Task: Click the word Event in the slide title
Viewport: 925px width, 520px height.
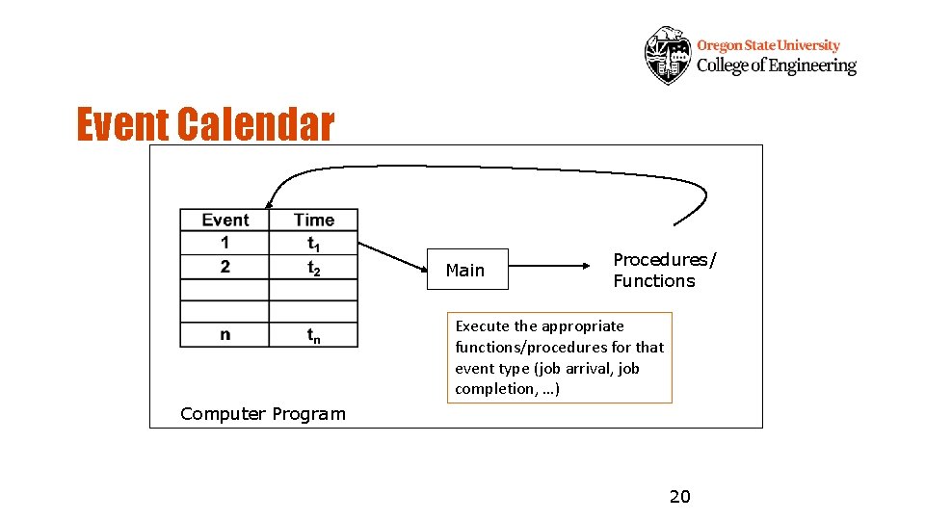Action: click(123, 125)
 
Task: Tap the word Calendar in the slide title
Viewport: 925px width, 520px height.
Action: click(255, 125)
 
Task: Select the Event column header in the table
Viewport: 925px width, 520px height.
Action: click(225, 220)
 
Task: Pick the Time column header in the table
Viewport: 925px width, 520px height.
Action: click(313, 220)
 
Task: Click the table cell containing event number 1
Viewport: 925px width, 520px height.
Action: click(225, 242)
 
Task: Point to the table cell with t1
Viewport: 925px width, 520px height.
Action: click(313, 243)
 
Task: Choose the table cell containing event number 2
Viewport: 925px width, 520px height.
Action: click(225, 266)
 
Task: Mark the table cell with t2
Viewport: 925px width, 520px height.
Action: click(313, 268)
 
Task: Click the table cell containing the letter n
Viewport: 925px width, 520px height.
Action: click(225, 334)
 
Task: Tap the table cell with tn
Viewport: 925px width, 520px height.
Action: click(313, 335)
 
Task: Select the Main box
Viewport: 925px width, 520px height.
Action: click(465, 271)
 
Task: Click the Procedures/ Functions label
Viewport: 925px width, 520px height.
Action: click(665, 271)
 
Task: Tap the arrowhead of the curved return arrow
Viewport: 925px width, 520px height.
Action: click(269, 202)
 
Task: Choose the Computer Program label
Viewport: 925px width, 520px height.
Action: click(262, 414)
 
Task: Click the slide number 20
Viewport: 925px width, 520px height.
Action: click(680, 497)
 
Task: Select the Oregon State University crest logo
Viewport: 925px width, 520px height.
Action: click(667, 55)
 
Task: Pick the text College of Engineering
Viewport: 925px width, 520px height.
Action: click(776, 65)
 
